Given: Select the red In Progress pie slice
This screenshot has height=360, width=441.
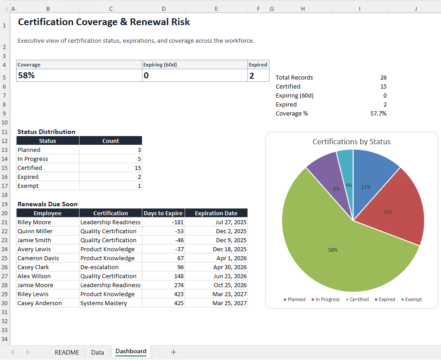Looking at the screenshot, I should tap(395, 207).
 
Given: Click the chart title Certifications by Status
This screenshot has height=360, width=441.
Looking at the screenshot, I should tap(351, 142).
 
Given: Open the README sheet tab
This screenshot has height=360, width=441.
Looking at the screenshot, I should tap(66, 352).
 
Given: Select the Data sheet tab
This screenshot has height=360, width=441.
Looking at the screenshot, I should tap(97, 352).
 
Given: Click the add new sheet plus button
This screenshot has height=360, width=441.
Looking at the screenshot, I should tap(173, 352).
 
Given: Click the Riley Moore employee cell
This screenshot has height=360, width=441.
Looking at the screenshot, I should tap(34, 222).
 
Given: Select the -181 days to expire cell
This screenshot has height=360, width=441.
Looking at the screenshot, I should tap(163, 222).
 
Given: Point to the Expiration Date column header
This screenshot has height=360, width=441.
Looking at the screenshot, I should tap(216, 213).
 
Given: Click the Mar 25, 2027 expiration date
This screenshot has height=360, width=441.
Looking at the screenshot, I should tap(230, 303).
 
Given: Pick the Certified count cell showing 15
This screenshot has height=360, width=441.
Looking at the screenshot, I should tap(110, 168).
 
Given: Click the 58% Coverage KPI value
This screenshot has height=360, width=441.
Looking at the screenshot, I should tap(26, 76).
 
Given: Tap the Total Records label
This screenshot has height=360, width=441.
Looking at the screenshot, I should tap(294, 77).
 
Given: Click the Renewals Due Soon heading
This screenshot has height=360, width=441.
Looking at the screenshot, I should tap(47, 204).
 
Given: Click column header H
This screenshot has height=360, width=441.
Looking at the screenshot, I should tap(303, 9).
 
